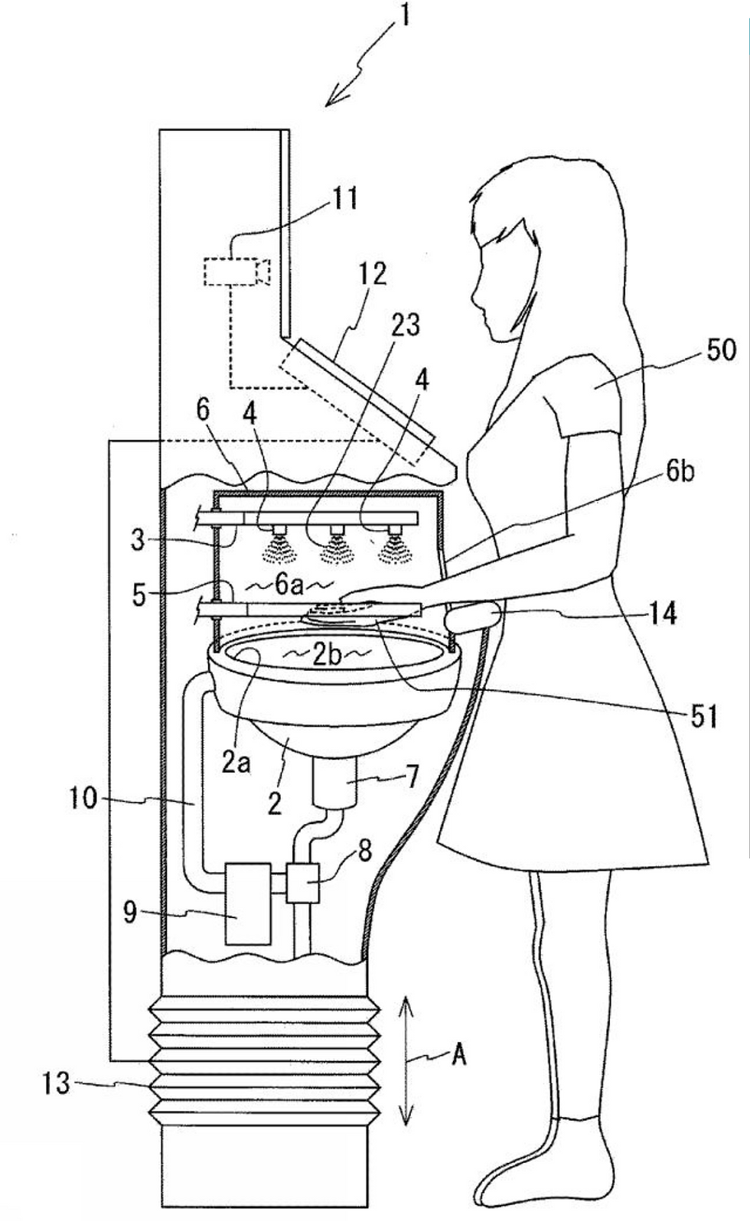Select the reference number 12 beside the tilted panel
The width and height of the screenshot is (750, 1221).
pyautogui.click(x=372, y=274)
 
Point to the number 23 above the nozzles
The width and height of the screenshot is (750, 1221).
pyautogui.click(x=406, y=325)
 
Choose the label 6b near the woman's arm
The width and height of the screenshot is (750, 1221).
pyautogui.click(x=679, y=472)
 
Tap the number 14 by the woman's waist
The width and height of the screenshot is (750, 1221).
pyautogui.click(x=661, y=614)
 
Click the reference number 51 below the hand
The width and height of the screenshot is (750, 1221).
pyautogui.click(x=703, y=716)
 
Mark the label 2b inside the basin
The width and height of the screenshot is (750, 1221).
pyautogui.click(x=328, y=656)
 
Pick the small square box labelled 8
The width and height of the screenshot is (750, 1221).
pyautogui.click(x=302, y=883)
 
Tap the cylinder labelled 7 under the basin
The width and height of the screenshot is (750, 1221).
pyautogui.click(x=335, y=780)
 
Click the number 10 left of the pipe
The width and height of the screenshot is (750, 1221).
pyautogui.click(x=83, y=799)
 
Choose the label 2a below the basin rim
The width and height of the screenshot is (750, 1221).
pyautogui.click(x=236, y=764)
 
